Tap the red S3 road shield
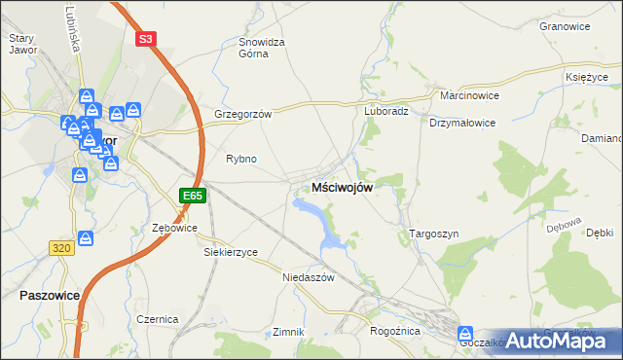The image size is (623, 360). (145, 39)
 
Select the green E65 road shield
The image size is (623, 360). (193, 196)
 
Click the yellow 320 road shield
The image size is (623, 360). (60, 248)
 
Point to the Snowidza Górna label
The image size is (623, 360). (262, 48)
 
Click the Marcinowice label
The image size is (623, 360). (468, 97)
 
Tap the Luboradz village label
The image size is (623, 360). (385, 111)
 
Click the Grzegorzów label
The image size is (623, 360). (242, 114)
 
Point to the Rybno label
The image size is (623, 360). (240, 159)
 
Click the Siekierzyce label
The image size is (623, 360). (230, 252)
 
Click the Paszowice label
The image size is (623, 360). (48, 294)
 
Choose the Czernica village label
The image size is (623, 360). (157, 318)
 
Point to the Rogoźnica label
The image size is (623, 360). (394, 331)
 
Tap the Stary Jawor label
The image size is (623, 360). (22, 45)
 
